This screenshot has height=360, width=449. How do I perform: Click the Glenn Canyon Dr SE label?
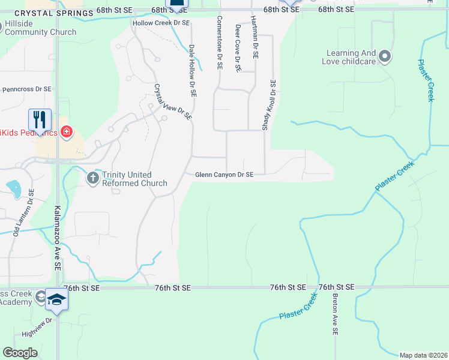tap(224, 175)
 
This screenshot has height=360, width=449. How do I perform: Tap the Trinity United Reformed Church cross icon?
tap(93, 178)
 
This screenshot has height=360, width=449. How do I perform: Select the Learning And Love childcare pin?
tap(385, 57)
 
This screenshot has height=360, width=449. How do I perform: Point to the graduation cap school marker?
tap(56, 300)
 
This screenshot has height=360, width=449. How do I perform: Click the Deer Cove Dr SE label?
tap(238, 48)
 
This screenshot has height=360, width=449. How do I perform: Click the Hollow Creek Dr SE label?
tap(161, 22)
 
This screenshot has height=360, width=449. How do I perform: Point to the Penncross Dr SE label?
tap(27, 89)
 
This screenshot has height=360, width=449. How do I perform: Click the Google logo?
tap(20, 353)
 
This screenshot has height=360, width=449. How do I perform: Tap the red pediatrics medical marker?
tap(66, 132)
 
